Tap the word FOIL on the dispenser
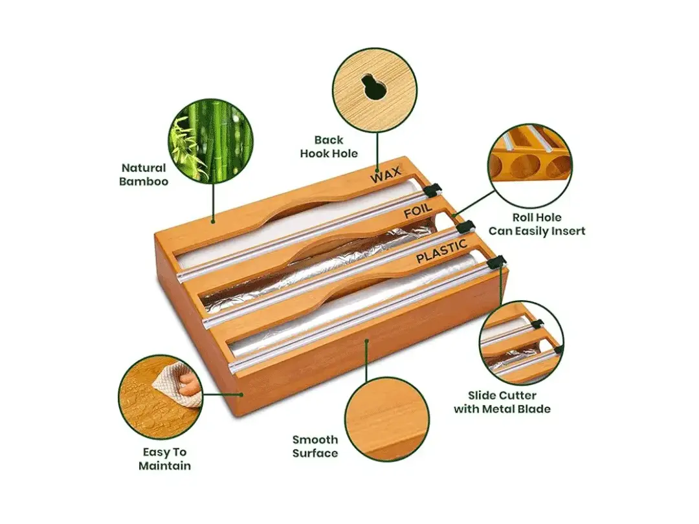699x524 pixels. tap(418, 214)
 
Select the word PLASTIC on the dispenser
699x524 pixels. tap(441, 252)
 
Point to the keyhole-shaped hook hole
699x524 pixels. tap(375, 88)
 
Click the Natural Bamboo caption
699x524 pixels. tap(144, 175)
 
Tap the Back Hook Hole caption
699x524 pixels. tap(329, 146)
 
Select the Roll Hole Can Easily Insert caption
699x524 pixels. tap(537, 224)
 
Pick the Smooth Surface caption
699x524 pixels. tap(315, 446)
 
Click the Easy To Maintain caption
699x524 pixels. tap(164, 459)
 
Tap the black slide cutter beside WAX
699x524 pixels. tap(433, 190)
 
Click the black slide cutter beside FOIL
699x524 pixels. tap(465, 227)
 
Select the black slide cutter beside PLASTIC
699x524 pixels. tap(496, 261)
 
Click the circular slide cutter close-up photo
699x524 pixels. tap(521, 343)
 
